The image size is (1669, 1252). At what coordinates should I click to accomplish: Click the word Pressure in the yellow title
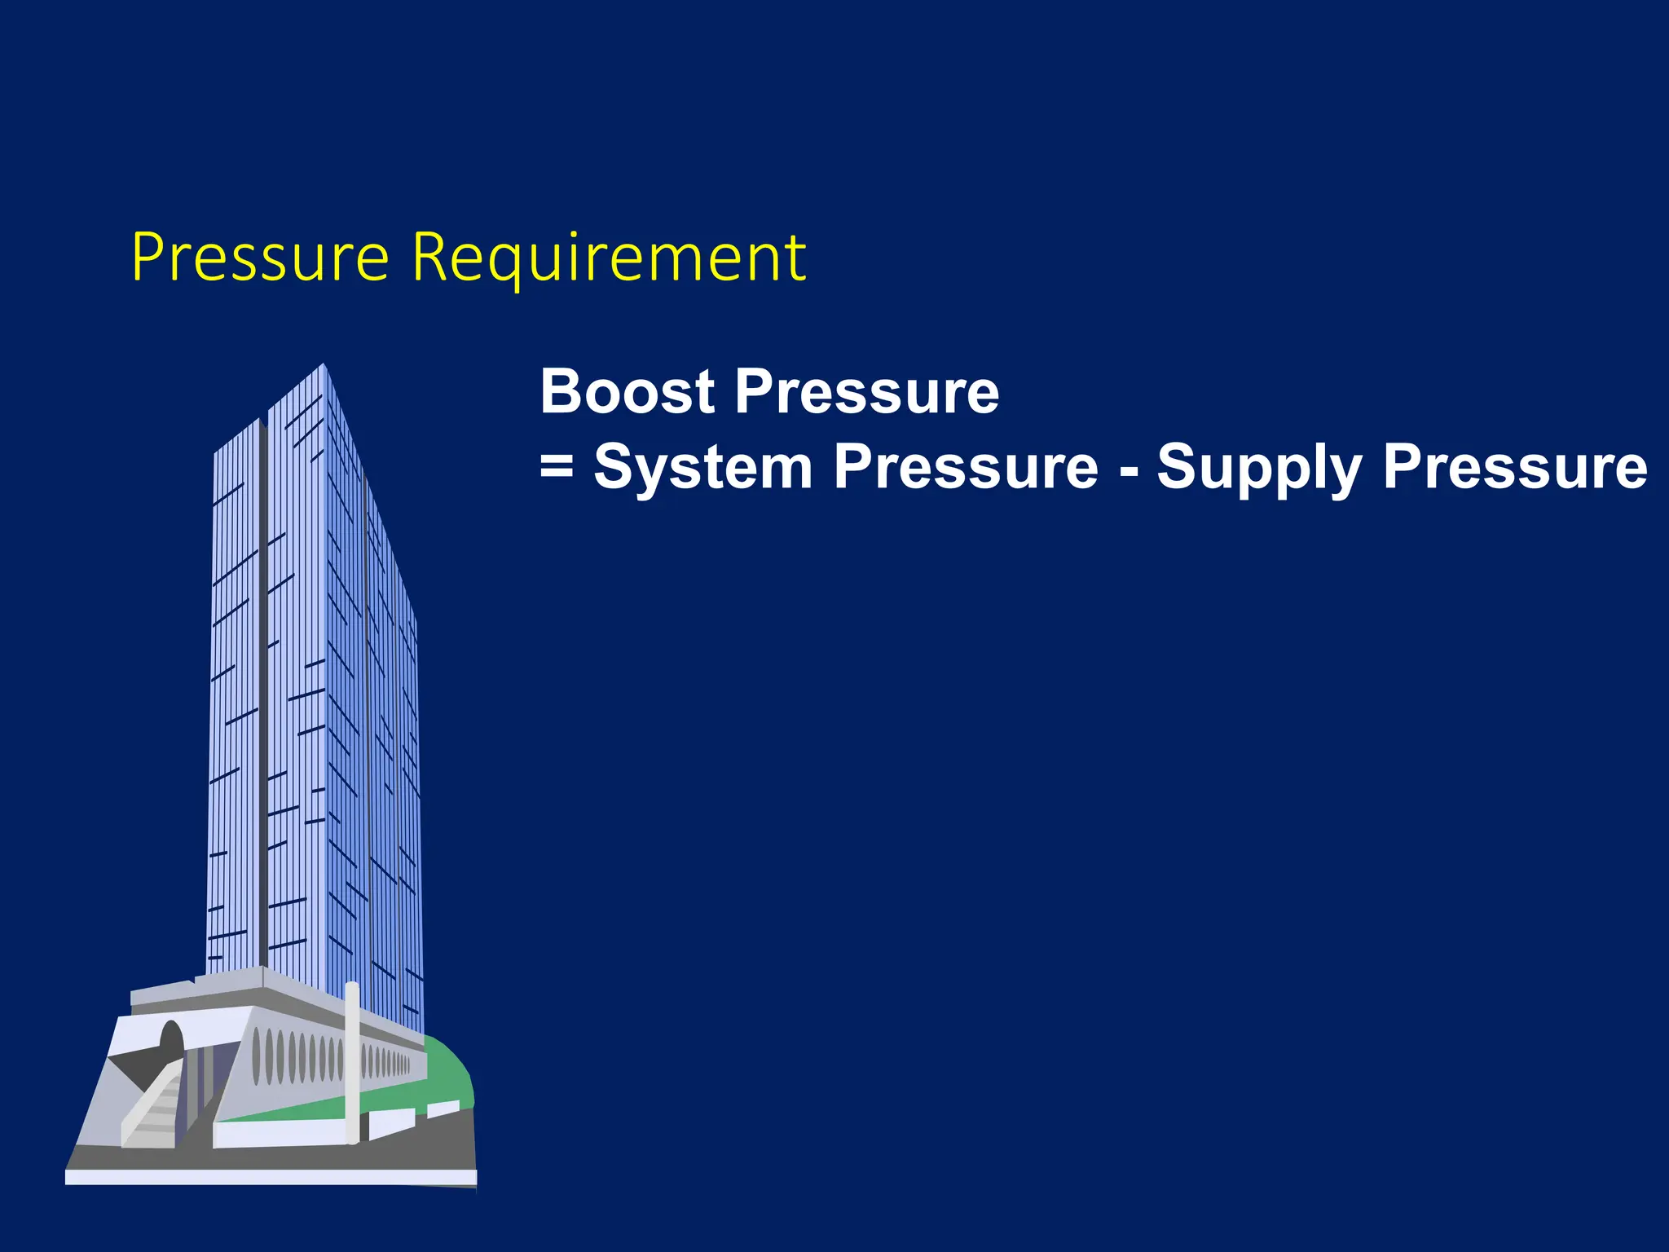pyautogui.click(x=260, y=257)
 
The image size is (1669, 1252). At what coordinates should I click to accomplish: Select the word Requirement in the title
pyautogui.click(x=609, y=258)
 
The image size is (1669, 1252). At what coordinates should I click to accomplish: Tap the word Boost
pyautogui.click(x=628, y=391)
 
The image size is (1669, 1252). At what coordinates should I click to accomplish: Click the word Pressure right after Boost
pyautogui.click(x=867, y=391)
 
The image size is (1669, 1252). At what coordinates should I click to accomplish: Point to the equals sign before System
pyautogui.click(x=557, y=467)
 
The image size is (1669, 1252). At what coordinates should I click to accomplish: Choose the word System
pyautogui.click(x=703, y=467)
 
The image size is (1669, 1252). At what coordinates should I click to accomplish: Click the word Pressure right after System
pyautogui.click(x=967, y=467)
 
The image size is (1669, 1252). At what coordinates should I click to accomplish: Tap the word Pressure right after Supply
pyautogui.click(x=1516, y=467)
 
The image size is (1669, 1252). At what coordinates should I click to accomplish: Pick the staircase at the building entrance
pyautogui.click(x=155, y=1109)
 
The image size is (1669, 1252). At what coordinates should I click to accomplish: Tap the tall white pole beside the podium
pyautogui.click(x=351, y=1060)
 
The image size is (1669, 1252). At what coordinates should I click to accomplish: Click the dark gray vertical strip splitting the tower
pyautogui.click(x=263, y=693)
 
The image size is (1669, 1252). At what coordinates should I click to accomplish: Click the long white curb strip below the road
pyautogui.click(x=269, y=1177)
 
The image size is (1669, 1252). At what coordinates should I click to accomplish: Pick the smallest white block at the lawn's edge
pyautogui.click(x=443, y=1109)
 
